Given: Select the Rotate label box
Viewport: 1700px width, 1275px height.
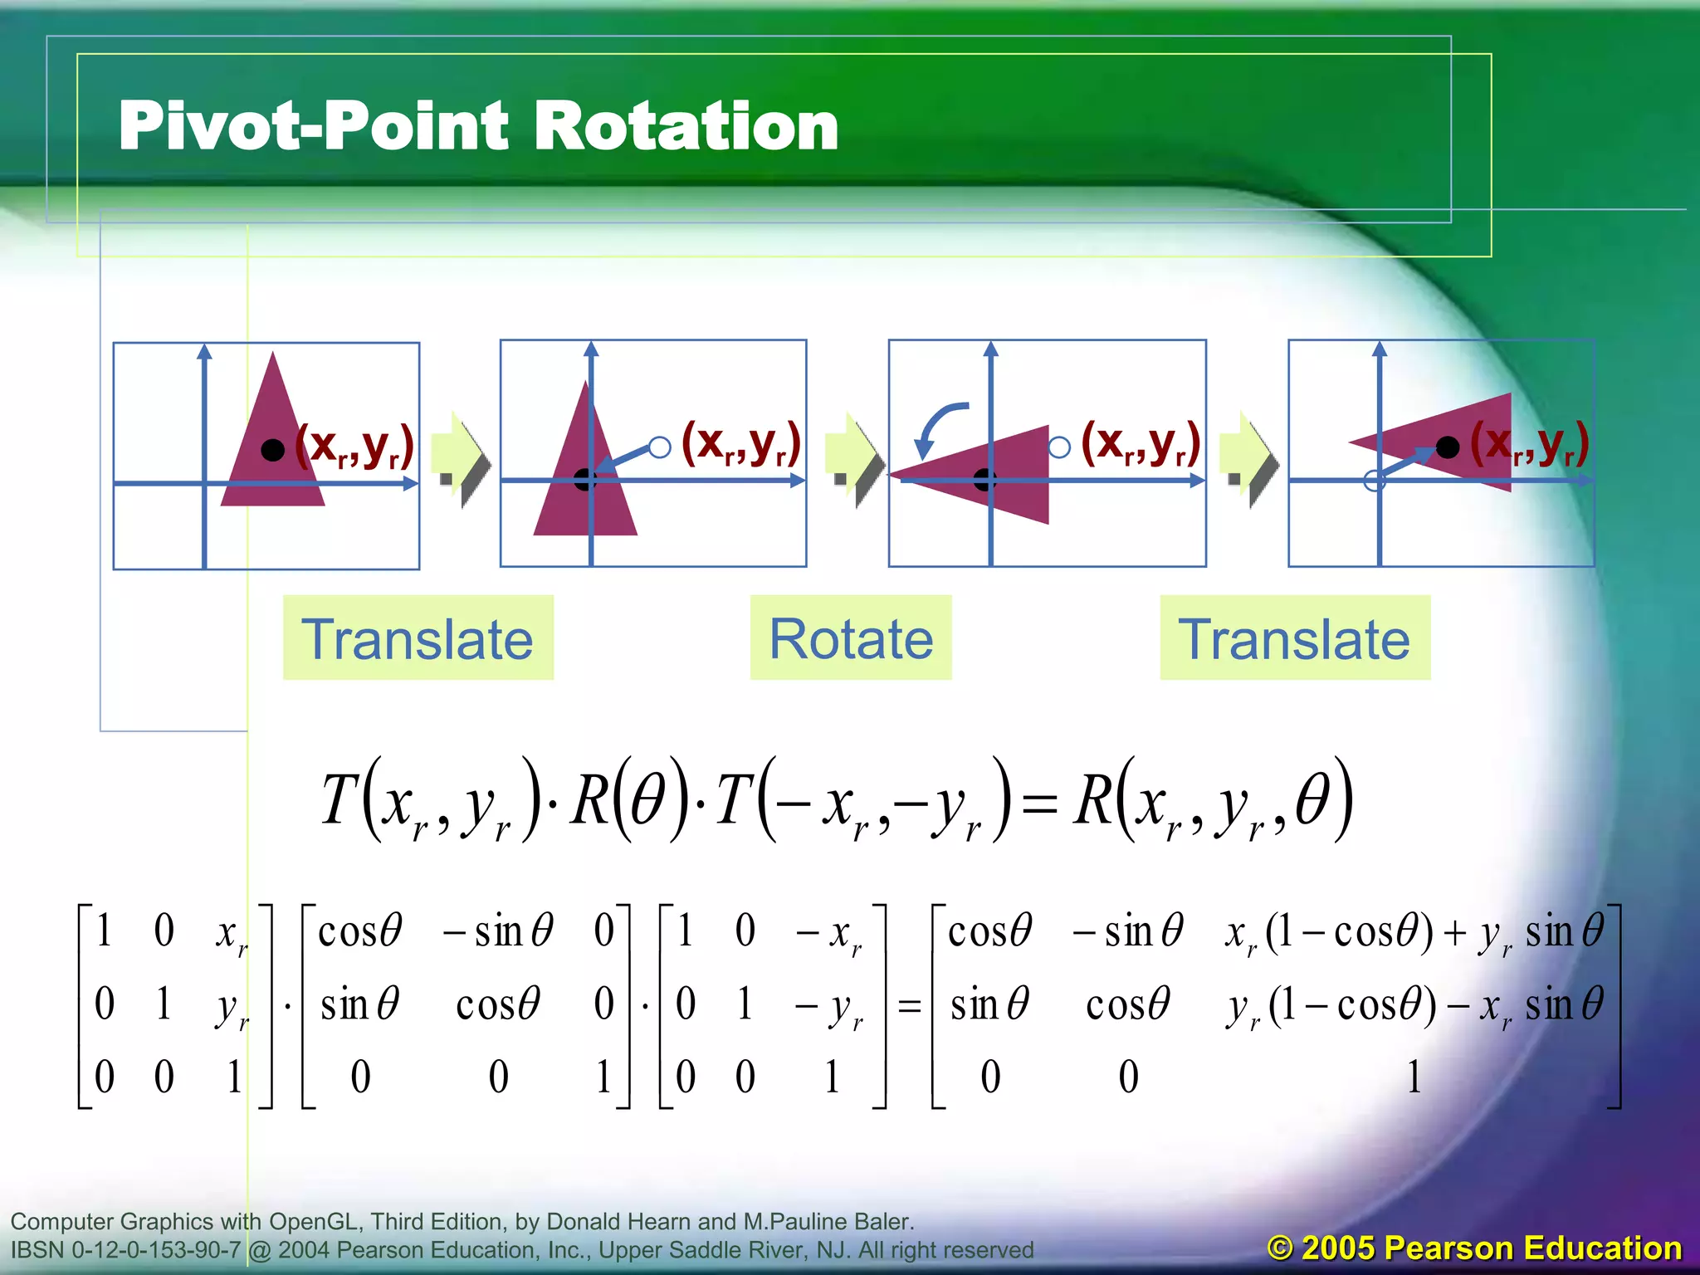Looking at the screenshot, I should point(851,638).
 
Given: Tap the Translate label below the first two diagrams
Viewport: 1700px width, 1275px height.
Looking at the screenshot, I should point(418,638).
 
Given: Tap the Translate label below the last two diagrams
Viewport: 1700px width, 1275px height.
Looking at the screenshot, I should point(1294,638).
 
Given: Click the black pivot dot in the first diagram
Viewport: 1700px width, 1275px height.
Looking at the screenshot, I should point(272,449).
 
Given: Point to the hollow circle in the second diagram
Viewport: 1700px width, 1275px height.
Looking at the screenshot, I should point(660,447).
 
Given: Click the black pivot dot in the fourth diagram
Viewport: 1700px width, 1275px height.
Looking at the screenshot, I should point(1448,447).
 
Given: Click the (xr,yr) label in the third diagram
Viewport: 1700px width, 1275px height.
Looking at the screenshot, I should point(1141,444).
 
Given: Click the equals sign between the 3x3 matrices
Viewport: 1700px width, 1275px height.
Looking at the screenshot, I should point(910,1007).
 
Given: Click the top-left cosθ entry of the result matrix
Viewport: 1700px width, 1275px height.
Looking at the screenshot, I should point(989,931).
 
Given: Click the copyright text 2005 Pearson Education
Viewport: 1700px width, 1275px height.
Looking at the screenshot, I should point(1474,1248).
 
